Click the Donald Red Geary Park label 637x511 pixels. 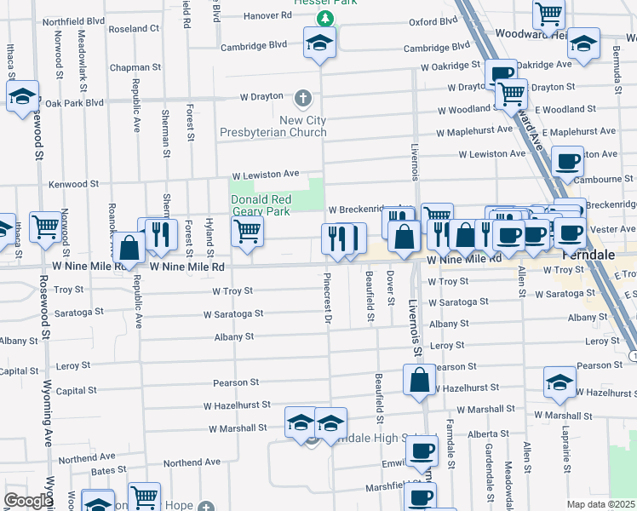pos(261,205)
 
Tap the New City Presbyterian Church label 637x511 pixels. pos(273,126)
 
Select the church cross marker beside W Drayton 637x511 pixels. pos(304,97)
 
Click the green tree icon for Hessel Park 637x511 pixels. pos(323,18)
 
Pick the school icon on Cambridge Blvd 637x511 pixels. pos(318,43)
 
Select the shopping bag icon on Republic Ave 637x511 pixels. pos(129,249)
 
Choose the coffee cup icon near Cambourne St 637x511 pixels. pos(567,161)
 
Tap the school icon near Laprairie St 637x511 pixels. pos(560,382)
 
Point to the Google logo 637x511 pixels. pos(27,501)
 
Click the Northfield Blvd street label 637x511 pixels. pos(73,20)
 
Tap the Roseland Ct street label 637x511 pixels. pos(135,28)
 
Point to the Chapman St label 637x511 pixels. pos(135,66)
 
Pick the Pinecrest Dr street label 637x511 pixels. pos(326,298)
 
